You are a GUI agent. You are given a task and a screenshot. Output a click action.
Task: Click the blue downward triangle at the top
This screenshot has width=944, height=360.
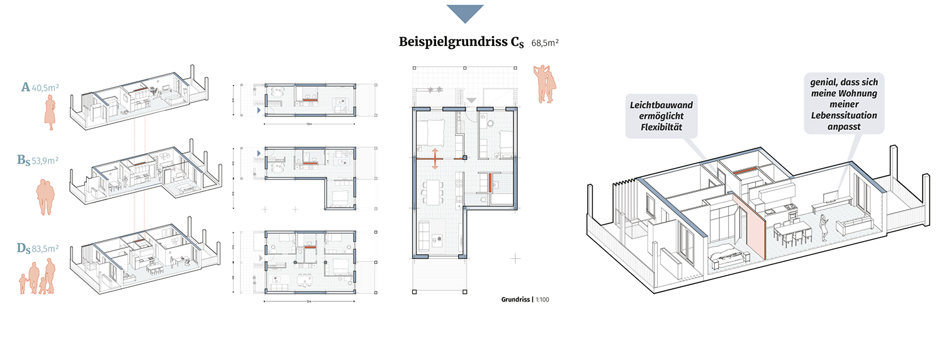[x=465, y=13]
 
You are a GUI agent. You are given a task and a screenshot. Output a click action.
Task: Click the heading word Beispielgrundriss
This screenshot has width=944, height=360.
[x=453, y=42]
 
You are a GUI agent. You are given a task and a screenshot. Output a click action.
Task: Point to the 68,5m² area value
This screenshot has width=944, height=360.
[x=545, y=43]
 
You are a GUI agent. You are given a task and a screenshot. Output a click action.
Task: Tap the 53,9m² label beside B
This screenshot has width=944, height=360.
[x=45, y=160]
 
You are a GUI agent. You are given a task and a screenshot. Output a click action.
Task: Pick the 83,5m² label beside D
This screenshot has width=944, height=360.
[x=45, y=249]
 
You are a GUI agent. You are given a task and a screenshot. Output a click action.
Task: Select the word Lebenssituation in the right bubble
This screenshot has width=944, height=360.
[x=843, y=116]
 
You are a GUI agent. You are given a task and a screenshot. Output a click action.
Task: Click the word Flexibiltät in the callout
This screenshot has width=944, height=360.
[x=661, y=129]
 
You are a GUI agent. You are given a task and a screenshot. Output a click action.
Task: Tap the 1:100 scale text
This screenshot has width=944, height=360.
[x=542, y=300]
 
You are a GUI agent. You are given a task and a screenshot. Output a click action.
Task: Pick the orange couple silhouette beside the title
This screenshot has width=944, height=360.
[x=546, y=82]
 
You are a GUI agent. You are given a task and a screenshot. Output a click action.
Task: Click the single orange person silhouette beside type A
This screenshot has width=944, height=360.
[x=49, y=113]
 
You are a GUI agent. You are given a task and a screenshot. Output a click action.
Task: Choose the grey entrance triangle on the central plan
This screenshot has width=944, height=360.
[x=471, y=100]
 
